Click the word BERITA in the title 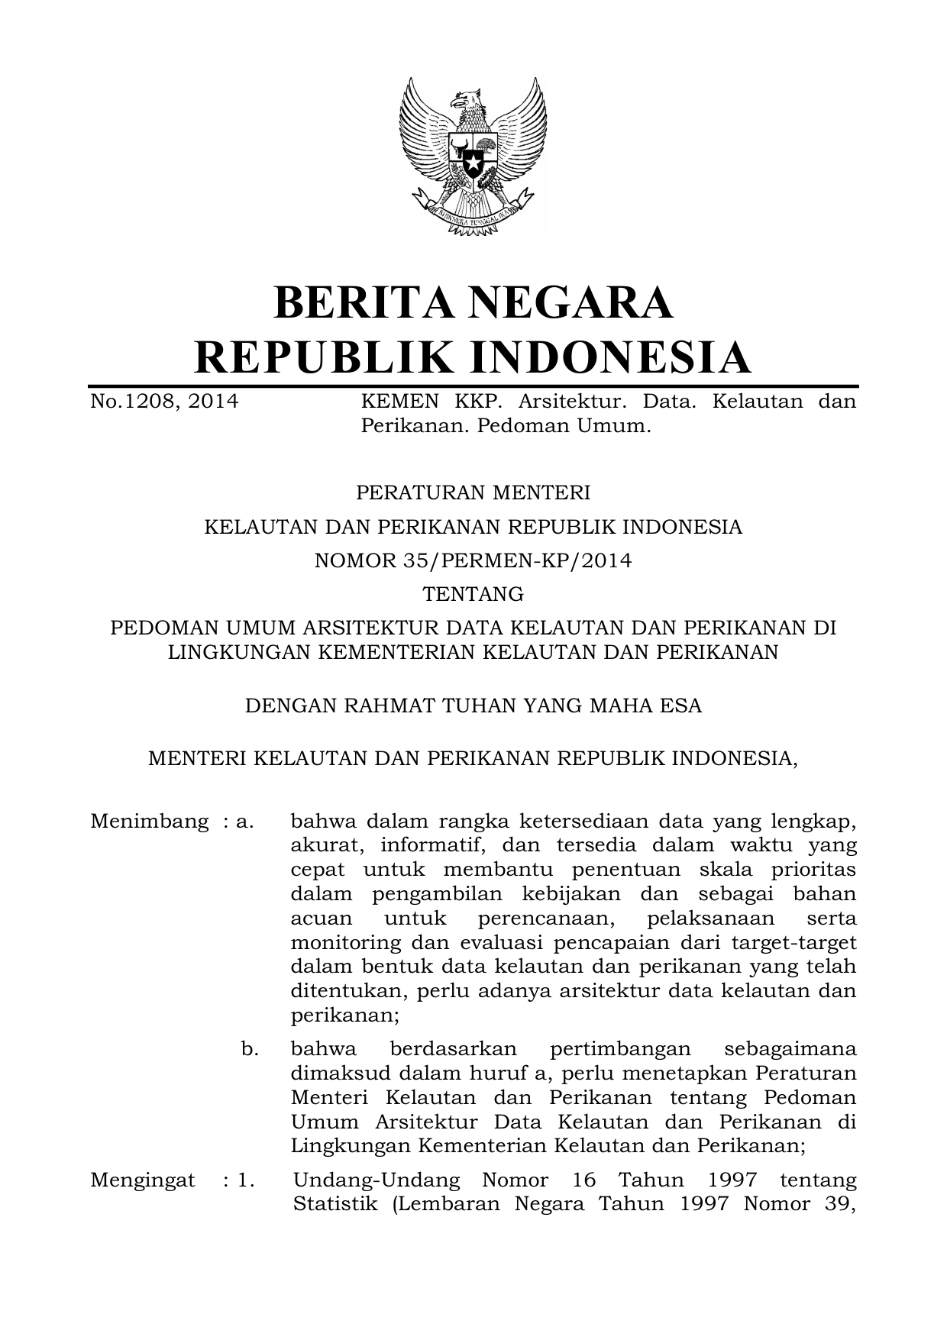(x=371, y=302)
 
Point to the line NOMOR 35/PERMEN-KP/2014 (x=473, y=561)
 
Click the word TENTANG (x=473, y=593)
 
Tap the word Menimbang (x=149, y=822)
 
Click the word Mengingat (x=143, y=1180)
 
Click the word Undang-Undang (x=377, y=1180)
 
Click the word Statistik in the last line (x=336, y=1204)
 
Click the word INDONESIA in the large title (x=609, y=357)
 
